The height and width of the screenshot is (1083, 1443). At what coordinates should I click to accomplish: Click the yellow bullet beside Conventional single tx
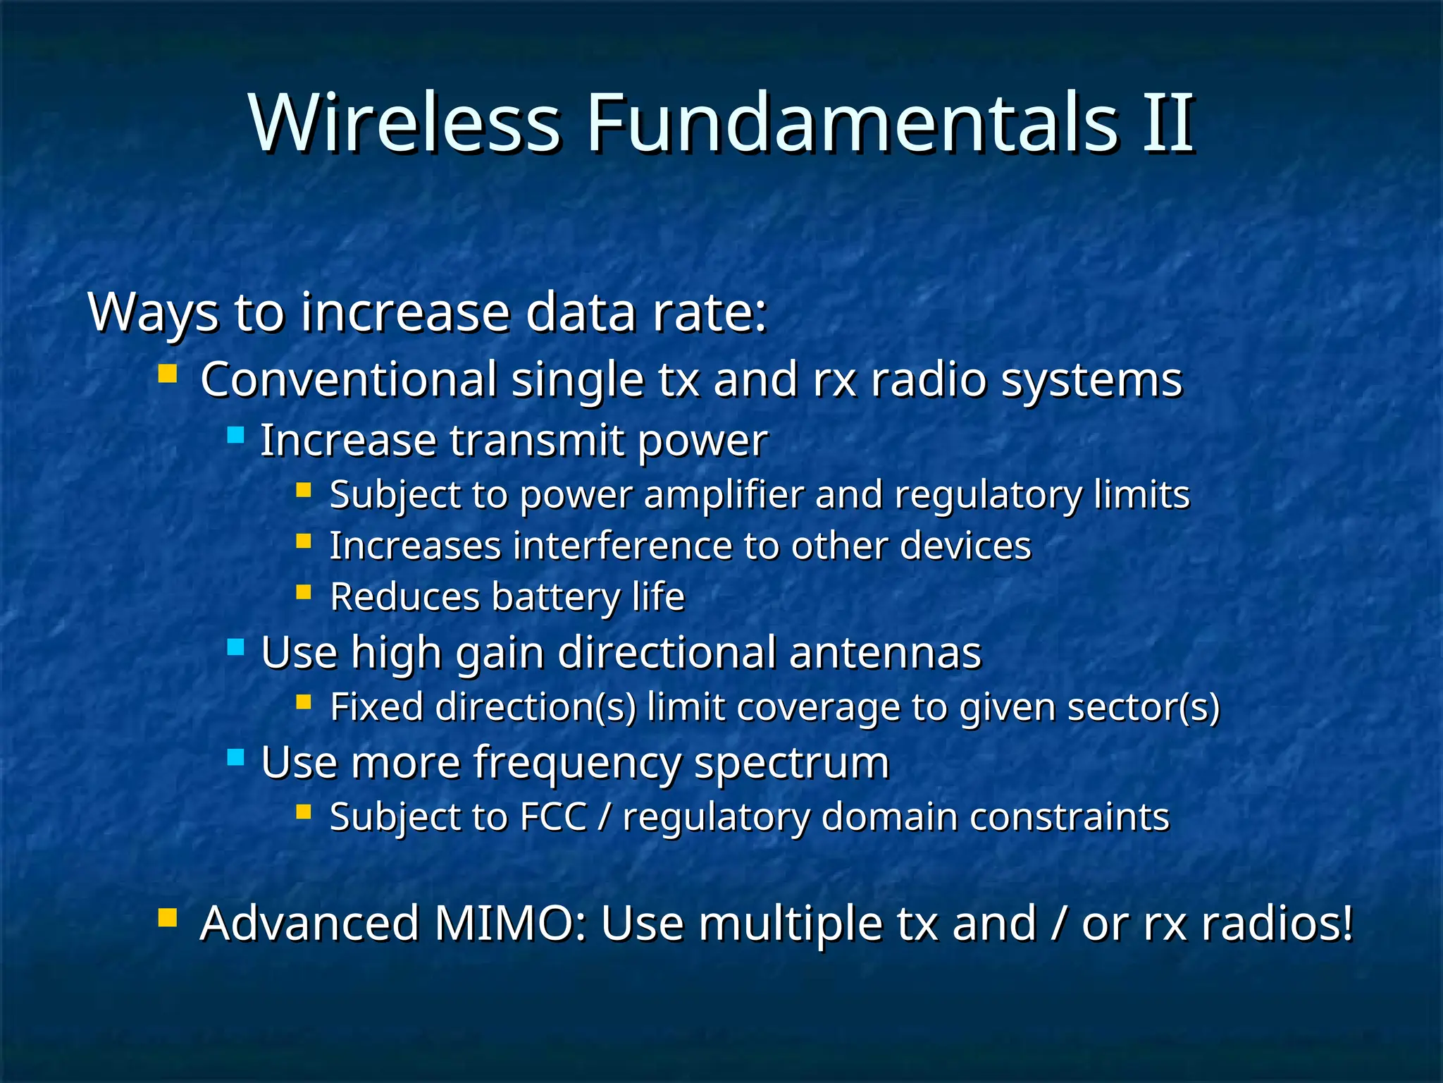click(x=167, y=373)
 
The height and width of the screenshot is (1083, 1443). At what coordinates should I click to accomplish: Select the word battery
click(x=556, y=598)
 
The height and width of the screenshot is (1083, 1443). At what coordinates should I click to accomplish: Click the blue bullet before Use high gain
click(x=235, y=647)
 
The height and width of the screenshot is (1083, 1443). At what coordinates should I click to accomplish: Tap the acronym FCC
click(x=553, y=817)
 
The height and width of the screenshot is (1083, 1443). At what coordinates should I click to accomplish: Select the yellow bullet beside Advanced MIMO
click(x=167, y=917)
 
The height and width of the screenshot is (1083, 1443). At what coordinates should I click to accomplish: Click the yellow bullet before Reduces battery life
click(x=304, y=592)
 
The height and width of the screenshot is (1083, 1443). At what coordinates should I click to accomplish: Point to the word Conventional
click(x=349, y=379)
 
